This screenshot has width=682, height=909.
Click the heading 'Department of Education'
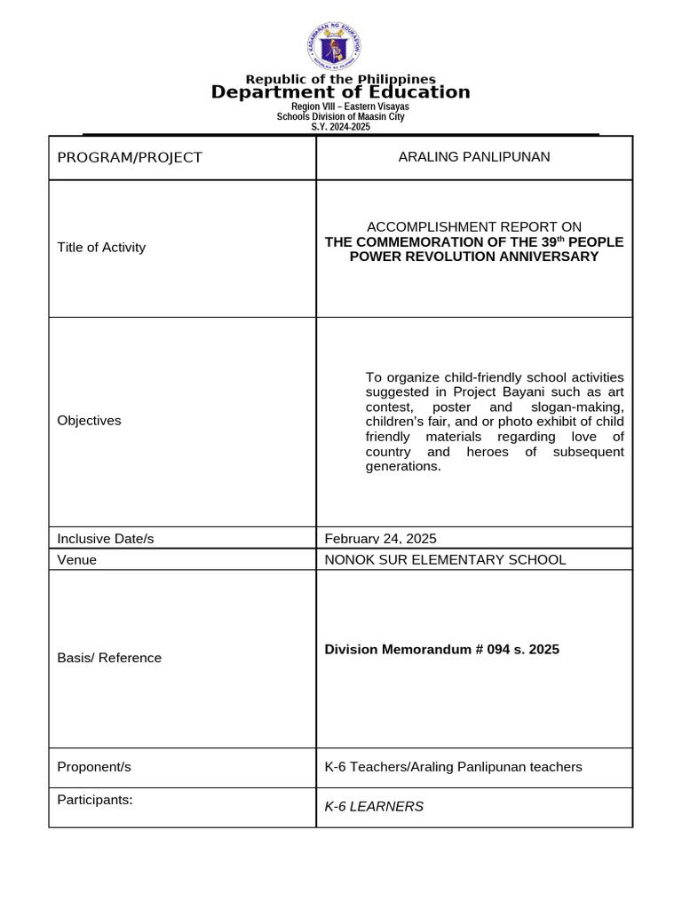[341, 92]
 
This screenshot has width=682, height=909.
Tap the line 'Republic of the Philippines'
[341, 79]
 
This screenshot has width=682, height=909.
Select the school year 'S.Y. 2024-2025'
[340, 127]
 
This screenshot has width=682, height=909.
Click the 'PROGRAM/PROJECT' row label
[130, 158]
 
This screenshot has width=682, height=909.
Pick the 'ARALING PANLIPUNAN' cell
[474, 157]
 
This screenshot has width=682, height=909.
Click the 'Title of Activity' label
[101, 248]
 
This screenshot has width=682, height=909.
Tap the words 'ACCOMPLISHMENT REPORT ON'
[474, 227]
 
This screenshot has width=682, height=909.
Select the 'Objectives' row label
[89, 421]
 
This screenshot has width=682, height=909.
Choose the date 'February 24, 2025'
[381, 539]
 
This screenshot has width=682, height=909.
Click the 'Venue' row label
[77, 560]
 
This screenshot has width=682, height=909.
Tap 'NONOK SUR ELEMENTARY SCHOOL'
[445, 560]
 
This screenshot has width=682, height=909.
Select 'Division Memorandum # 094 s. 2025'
[442, 650]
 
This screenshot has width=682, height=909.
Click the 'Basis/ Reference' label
[109, 658]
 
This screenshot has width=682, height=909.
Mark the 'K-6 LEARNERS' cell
[374, 807]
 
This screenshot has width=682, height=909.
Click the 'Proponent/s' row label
[94, 767]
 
